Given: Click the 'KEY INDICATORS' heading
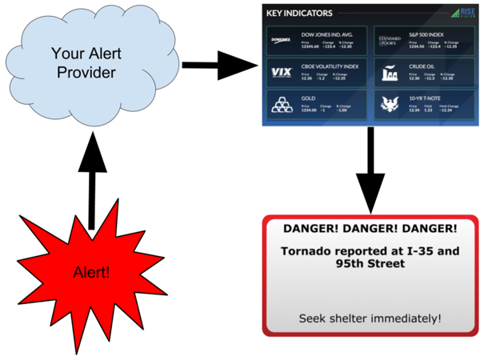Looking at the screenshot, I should [x=299, y=13].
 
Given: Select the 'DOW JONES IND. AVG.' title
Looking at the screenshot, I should [x=329, y=36].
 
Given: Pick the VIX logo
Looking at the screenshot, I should [x=282, y=73].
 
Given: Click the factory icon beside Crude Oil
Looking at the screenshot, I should [x=391, y=73].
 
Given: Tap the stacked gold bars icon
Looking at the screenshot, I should [x=282, y=105].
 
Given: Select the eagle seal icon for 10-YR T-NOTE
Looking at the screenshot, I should [x=391, y=105].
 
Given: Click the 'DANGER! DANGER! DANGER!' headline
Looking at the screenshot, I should [x=370, y=229].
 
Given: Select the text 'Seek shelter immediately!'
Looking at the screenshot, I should [x=370, y=318].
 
